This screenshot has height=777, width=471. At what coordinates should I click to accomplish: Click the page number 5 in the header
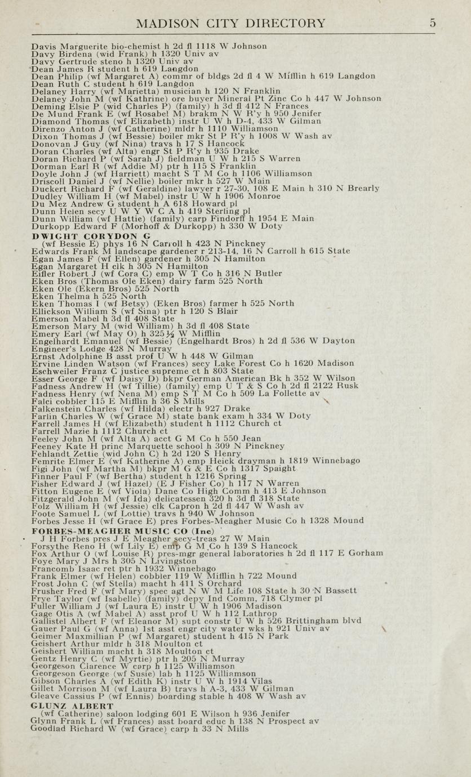[432, 23]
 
